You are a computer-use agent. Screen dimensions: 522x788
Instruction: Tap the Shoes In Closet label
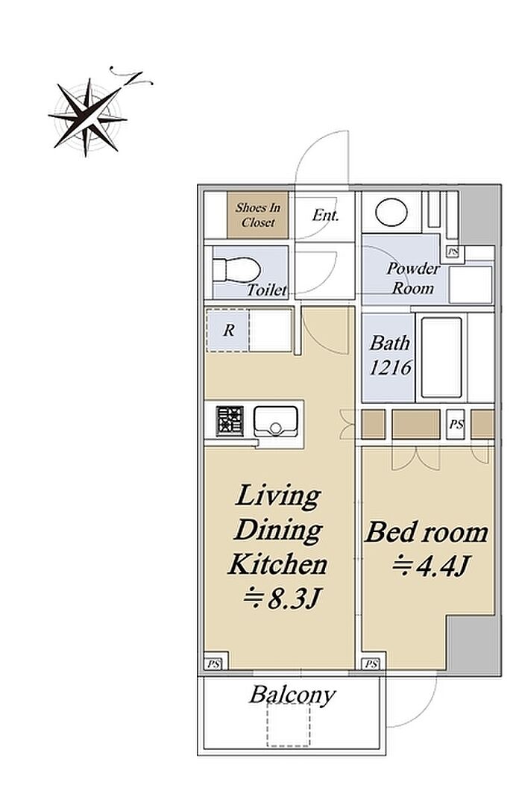[258, 215]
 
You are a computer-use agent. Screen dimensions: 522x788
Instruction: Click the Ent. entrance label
[325, 215]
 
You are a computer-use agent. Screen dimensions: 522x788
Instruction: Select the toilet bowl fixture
[236, 270]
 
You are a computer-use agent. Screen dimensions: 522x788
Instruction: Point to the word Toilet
[266, 290]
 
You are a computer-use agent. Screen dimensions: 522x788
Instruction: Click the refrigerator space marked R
[229, 330]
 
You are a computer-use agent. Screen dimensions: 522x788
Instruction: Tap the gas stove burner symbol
[230, 421]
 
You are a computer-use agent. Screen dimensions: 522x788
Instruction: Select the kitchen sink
[275, 421]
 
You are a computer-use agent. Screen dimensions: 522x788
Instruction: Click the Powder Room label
[413, 278]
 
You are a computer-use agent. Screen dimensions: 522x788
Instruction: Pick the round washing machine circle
[392, 213]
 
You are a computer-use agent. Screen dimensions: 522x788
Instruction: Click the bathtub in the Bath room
[441, 357]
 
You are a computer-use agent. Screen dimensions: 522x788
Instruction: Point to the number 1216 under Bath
[390, 368]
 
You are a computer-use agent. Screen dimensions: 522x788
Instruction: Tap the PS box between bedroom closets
[456, 424]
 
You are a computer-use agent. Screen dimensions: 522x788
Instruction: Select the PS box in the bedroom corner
[372, 664]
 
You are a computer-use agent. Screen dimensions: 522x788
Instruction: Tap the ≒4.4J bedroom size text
[430, 566]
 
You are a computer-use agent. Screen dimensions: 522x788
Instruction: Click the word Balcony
[292, 695]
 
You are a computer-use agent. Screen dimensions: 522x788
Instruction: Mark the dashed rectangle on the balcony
[289, 725]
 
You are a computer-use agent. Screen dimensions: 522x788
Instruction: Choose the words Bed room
[426, 532]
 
